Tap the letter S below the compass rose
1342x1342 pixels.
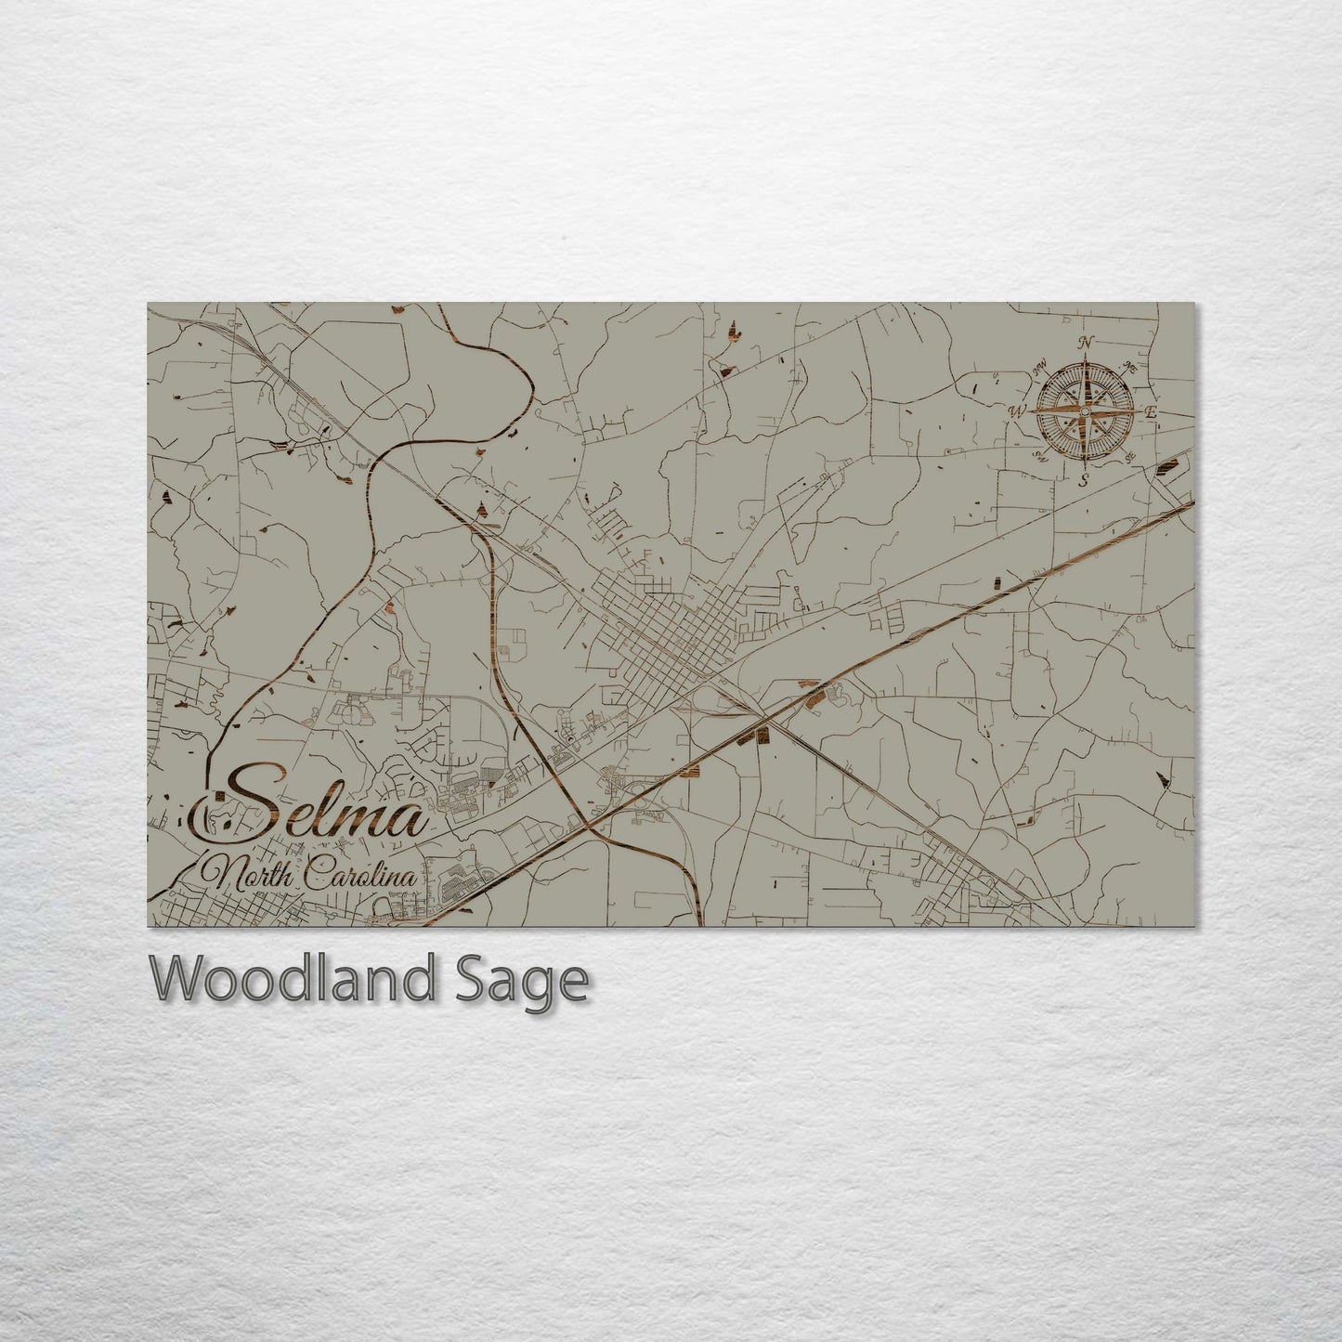pyautogui.click(x=1083, y=480)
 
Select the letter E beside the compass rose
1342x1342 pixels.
pyautogui.click(x=1150, y=413)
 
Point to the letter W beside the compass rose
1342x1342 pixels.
pyautogui.click(x=1018, y=410)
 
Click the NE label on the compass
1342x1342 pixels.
pyautogui.click(x=1129, y=366)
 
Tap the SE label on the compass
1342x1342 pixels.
pyautogui.click(x=1130, y=457)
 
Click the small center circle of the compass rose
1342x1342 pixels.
pyautogui.click(x=1084, y=410)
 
